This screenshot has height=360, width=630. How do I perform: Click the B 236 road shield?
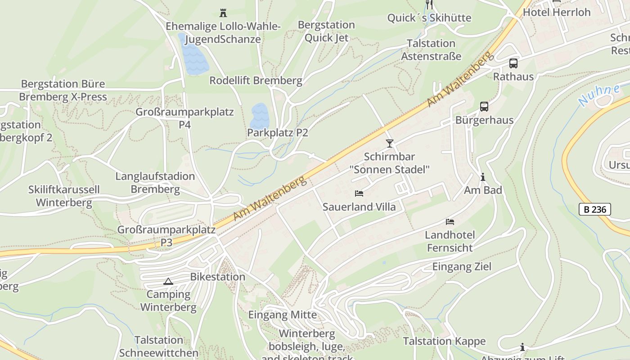(x=594, y=209)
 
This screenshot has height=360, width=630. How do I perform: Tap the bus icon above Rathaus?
(x=513, y=63)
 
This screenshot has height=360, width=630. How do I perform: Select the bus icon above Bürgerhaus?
(x=484, y=107)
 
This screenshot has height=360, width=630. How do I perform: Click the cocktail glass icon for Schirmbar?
(x=390, y=144)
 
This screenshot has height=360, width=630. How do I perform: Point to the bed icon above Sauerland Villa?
(x=359, y=193)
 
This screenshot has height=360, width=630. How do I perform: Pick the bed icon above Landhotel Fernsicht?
(x=450, y=222)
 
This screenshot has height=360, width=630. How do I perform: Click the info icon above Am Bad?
(x=483, y=177)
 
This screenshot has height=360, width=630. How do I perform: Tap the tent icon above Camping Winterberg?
(x=168, y=282)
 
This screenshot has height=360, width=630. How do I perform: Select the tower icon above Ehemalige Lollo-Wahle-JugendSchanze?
(x=223, y=13)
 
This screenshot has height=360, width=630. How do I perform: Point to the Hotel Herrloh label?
(x=557, y=12)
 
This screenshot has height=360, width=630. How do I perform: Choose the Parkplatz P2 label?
(x=278, y=133)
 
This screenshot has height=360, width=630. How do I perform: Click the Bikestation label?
(x=218, y=277)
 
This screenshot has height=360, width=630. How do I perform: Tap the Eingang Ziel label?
(x=462, y=266)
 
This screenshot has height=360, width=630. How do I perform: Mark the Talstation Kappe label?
(x=444, y=341)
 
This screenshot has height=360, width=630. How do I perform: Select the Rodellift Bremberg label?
(x=256, y=81)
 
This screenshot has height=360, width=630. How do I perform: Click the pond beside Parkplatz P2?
(x=260, y=116)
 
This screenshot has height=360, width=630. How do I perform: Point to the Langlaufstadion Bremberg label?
(x=155, y=183)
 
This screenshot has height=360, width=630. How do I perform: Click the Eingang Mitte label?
(x=283, y=315)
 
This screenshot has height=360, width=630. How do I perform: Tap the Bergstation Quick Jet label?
(x=326, y=31)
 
